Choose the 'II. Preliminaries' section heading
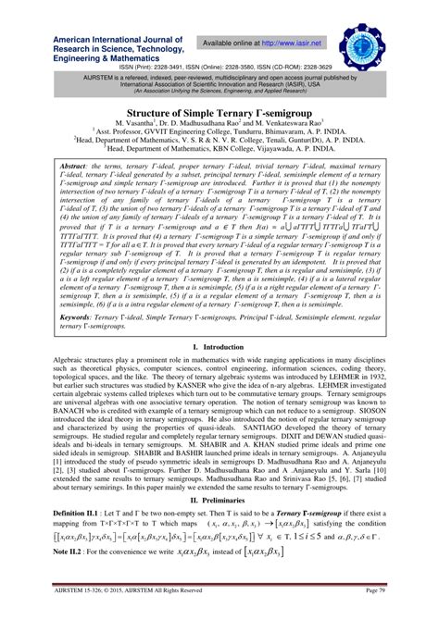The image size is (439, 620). click(x=219, y=521)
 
